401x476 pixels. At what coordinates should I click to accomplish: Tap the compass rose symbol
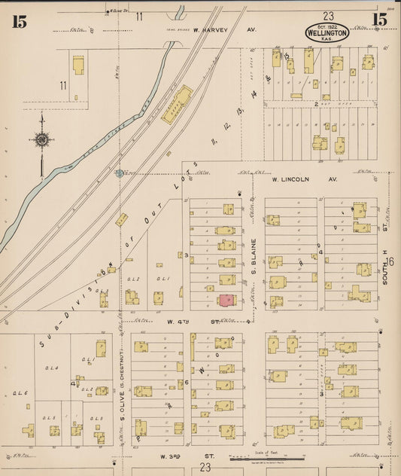coord(41,139)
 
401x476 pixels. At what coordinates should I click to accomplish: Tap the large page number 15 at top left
coord(19,21)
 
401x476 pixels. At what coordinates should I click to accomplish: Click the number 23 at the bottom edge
coord(205,468)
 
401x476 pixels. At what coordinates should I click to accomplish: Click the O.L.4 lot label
coord(51,368)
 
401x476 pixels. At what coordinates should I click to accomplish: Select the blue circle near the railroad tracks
coord(119,173)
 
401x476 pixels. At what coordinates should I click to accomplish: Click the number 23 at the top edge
coord(328,15)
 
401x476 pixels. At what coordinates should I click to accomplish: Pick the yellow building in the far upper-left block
coord(78,64)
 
